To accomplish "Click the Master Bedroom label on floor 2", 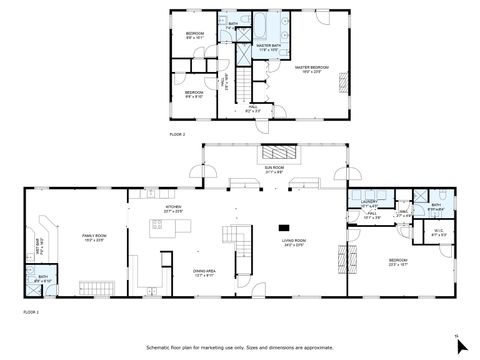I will pyautogui.click(x=311, y=69).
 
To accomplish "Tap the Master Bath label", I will pyautogui.click(x=267, y=48).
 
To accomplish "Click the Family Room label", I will pyautogui.click(x=94, y=237).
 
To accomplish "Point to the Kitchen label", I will pyautogui.click(x=173, y=210).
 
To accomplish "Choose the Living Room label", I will pyautogui.click(x=292, y=242).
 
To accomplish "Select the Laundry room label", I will pyautogui.click(x=368, y=204).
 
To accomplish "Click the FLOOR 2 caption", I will pyautogui.click(x=177, y=133).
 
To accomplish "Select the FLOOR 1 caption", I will pyautogui.click(x=31, y=312).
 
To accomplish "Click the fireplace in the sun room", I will pyautogui.click(x=279, y=153).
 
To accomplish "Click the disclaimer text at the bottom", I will pyautogui.click(x=240, y=347).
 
